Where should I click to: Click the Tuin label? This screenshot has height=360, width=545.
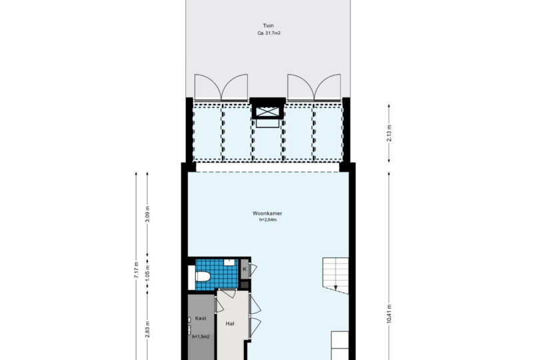[x=268, y=25]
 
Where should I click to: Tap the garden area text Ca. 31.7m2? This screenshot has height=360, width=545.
[x=269, y=33]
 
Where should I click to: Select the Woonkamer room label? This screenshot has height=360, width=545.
[x=267, y=213]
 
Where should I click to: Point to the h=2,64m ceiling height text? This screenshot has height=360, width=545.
[x=268, y=220]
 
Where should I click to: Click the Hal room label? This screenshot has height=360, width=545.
[x=230, y=323]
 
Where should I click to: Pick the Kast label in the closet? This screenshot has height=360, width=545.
[x=201, y=318]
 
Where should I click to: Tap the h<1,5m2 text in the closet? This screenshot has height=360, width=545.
[x=201, y=337]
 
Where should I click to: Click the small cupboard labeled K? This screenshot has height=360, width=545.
[x=245, y=269]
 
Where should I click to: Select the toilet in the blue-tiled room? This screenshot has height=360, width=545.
[x=203, y=277]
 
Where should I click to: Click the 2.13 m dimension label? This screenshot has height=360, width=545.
[x=389, y=133]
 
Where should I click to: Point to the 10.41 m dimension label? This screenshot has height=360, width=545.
[x=389, y=314]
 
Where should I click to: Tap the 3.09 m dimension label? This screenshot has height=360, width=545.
[x=147, y=215]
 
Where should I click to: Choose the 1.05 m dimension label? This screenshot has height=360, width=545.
[x=147, y=274]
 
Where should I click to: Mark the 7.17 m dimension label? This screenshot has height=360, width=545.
[x=136, y=270]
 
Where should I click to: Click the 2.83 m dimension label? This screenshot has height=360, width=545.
[x=147, y=329]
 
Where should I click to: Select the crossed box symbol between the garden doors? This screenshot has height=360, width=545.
[x=268, y=112]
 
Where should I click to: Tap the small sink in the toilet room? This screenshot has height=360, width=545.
[x=229, y=262]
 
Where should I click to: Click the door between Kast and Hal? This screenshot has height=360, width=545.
[x=219, y=305]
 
